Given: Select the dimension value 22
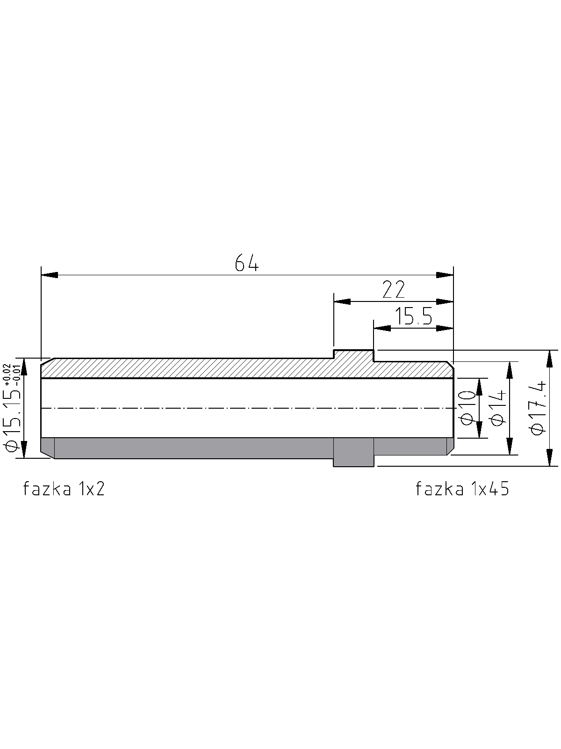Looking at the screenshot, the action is pos(394,290).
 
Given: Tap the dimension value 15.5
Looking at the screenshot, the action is pos(414,316).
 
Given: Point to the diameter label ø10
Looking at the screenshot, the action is pos(467,408).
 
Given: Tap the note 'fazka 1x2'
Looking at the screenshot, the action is pos(64,489).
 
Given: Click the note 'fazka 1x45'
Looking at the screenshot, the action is pos(462,489).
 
